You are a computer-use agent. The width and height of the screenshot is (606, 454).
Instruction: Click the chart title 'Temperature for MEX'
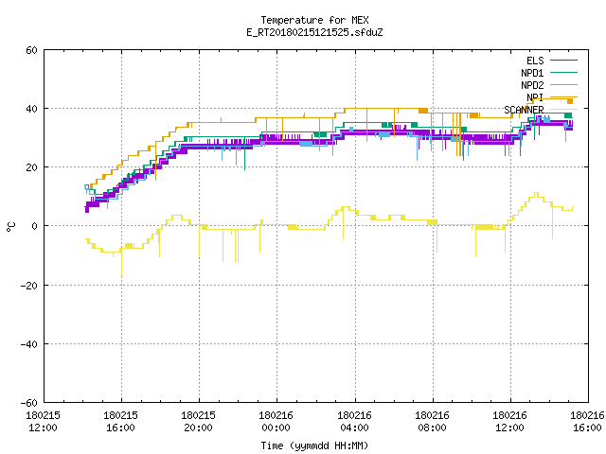314,20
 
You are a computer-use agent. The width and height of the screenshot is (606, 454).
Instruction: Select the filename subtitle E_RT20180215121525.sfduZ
314,32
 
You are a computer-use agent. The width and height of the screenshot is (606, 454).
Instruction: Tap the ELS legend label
535,61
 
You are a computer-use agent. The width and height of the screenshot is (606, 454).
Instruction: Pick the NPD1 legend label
532,73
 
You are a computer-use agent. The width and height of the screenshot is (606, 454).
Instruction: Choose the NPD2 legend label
532,85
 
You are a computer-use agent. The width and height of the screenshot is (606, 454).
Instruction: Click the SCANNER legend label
524,110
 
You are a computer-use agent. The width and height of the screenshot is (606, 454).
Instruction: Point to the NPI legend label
535,97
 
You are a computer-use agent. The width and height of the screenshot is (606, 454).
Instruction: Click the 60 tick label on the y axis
31,50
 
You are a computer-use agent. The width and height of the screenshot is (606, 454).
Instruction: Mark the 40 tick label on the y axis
31,109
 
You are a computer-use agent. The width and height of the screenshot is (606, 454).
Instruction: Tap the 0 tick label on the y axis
35,226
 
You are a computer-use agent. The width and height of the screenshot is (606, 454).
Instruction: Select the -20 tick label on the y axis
29,286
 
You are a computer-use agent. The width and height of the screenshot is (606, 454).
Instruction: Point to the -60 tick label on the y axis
29,403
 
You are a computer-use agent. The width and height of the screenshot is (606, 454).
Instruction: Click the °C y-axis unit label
10,227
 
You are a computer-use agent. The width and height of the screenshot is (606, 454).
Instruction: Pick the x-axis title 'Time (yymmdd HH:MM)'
314,445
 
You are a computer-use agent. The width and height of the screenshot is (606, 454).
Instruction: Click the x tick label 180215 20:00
198,422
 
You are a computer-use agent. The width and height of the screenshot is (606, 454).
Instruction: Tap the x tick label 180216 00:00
276,422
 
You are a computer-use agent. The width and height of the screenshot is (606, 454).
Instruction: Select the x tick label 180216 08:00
432,422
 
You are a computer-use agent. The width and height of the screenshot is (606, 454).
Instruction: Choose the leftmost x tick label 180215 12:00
43,422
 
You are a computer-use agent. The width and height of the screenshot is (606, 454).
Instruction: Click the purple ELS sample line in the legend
563,61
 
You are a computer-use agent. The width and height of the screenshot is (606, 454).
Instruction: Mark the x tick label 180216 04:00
354,422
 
